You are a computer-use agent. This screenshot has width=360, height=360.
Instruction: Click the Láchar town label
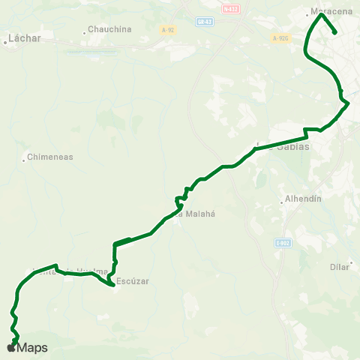point(25,37)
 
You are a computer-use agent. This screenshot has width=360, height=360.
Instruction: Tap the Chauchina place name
point(110,29)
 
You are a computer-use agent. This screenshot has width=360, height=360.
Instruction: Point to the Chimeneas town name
point(51,158)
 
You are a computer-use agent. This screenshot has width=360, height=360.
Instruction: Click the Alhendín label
point(304,199)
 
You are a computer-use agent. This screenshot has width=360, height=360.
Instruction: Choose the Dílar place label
point(340,266)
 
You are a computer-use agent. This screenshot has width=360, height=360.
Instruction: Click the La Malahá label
point(196,213)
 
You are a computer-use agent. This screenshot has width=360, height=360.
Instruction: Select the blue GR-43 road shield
point(202,22)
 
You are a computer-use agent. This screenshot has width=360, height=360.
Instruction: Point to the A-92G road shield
point(280,37)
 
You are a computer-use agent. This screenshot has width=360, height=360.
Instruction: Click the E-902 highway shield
point(282,242)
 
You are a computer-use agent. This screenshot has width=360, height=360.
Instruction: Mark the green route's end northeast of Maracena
point(334,32)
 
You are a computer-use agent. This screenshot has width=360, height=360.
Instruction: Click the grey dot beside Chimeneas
point(24,158)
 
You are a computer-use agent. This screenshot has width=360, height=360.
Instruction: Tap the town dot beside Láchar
point(5,42)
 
